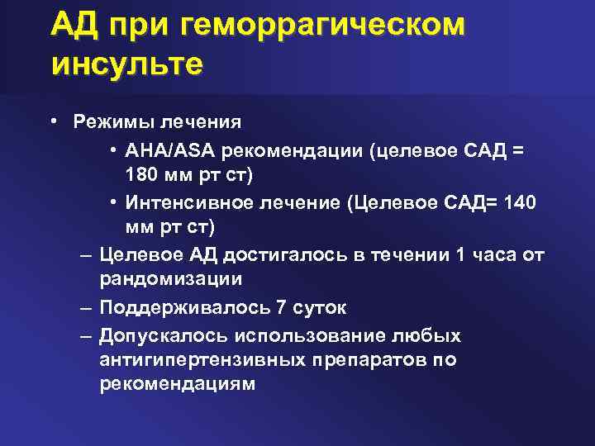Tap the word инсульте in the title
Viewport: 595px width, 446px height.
point(126,64)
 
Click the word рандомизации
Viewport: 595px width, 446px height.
point(170,281)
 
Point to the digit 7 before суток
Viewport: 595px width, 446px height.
point(282,308)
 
